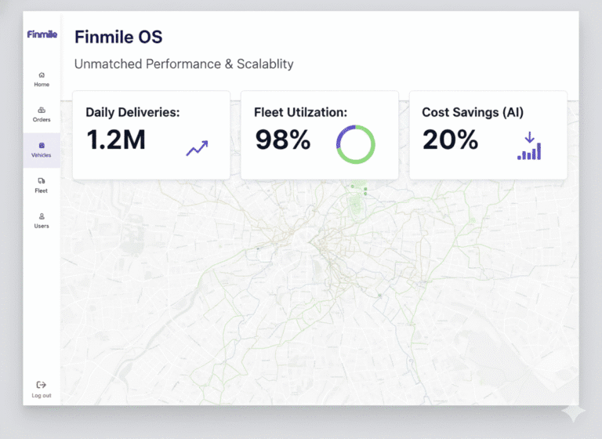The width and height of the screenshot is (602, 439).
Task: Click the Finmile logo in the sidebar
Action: tap(42, 34)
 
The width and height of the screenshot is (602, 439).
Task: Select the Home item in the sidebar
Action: tap(42, 78)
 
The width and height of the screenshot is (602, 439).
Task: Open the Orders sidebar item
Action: tap(42, 114)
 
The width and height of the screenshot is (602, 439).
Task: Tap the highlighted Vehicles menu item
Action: tap(42, 149)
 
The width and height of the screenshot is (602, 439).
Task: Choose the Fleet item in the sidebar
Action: tap(42, 184)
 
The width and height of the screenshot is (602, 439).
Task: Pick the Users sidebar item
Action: tap(42, 219)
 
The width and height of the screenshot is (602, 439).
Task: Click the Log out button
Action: tap(42, 389)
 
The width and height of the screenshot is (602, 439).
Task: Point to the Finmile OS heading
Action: tap(118, 37)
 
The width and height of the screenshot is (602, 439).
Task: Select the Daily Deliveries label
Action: tap(132, 112)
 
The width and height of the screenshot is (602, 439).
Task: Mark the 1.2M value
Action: tap(116, 140)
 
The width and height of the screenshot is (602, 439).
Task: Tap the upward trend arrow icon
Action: tap(197, 147)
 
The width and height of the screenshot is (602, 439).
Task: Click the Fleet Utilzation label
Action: tap(300, 112)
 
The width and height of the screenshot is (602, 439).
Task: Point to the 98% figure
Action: tap(283, 140)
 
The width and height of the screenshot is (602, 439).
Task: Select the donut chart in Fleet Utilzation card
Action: tap(356, 144)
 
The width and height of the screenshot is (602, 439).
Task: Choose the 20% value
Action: tap(450, 140)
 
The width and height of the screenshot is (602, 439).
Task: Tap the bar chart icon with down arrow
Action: tap(529, 146)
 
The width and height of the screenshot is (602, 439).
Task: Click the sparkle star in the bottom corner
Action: tap(573, 412)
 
